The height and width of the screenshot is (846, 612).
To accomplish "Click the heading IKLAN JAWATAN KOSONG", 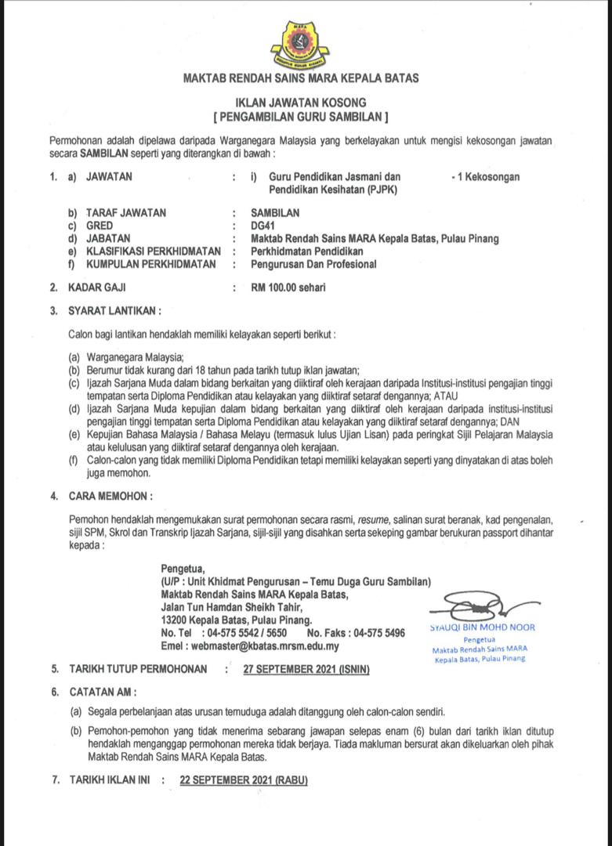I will click(301, 103).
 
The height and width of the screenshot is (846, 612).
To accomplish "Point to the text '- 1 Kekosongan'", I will click(485, 177).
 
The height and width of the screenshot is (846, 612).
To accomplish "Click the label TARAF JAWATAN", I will click(126, 213).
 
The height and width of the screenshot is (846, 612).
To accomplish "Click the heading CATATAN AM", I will click(103, 692).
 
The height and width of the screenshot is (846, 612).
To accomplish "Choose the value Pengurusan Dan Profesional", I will click(313, 264).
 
